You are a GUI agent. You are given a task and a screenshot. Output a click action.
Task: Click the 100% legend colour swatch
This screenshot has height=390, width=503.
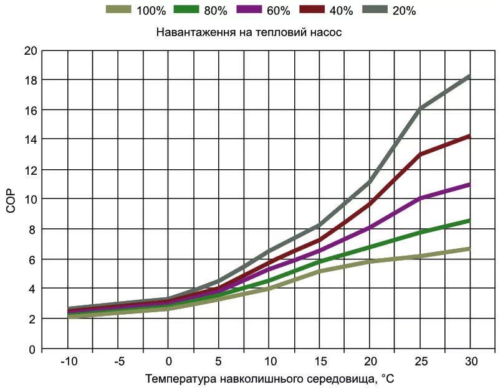(119, 10)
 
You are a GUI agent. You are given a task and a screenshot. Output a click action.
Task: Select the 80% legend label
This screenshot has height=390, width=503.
(216, 11)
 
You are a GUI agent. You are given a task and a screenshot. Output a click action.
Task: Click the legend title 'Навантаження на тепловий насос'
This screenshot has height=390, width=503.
(249, 31)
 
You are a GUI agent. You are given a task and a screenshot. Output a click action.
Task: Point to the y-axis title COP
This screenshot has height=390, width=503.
(11, 200)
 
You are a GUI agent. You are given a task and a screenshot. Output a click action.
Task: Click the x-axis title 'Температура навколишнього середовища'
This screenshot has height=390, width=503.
(270, 379)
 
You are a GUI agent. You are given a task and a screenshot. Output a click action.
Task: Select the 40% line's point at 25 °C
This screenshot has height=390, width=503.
(420, 154)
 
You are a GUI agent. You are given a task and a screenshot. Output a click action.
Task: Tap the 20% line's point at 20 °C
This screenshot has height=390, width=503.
(370, 182)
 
